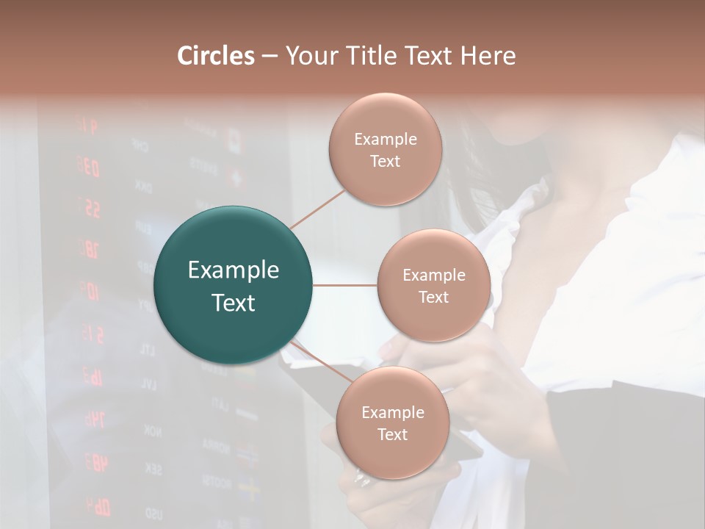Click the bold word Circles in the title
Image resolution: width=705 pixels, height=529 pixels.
coord(215,56)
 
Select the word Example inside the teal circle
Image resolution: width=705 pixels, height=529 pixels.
coord(234,270)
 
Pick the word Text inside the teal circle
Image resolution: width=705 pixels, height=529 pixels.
coord(234,303)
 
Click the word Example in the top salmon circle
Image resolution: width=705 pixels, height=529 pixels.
coord(385,140)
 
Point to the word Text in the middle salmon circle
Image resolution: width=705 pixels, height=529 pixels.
coord(433,297)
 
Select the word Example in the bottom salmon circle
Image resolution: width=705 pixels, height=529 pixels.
coord(392,412)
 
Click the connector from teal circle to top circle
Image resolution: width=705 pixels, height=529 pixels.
coord(318,208)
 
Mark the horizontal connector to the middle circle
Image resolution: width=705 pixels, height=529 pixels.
coord(345,285)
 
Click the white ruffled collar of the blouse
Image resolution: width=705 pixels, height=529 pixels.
coord(514,220)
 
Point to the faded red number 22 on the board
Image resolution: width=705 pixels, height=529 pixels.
coord(91,209)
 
